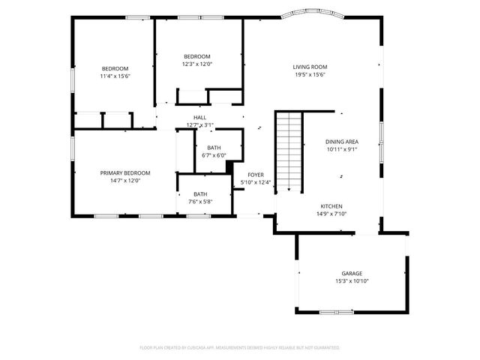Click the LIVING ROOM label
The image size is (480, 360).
[310, 67]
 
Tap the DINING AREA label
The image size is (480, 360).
[341, 141]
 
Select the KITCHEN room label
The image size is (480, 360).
[331, 205]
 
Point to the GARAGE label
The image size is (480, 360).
[352, 273]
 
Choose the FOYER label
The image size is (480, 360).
[256, 174]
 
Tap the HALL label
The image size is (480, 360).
[199, 117]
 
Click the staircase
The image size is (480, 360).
[289, 150]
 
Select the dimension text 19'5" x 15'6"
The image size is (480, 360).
[310, 75]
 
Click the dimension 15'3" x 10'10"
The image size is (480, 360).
[352, 281]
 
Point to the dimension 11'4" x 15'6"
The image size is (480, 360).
[115, 76]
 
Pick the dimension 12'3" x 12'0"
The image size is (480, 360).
[197, 64]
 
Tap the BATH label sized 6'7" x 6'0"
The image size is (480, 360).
[214, 148]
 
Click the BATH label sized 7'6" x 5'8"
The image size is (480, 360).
[199, 194]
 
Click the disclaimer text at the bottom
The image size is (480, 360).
[239, 348]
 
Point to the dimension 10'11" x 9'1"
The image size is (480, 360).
[341, 149]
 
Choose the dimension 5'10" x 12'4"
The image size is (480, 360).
[256, 182]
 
